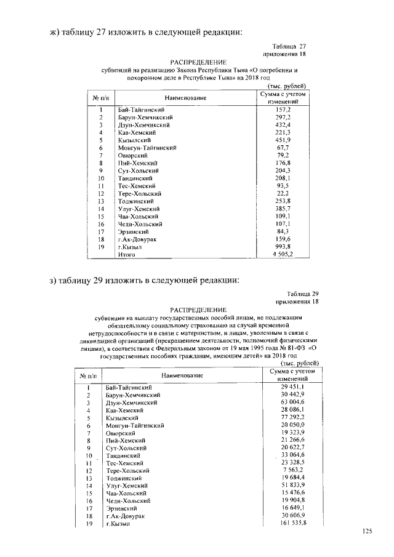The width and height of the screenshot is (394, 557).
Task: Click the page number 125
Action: [368, 531]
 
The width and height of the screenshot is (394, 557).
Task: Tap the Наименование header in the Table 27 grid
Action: [185, 98]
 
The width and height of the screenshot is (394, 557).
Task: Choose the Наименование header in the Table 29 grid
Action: [182, 375]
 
